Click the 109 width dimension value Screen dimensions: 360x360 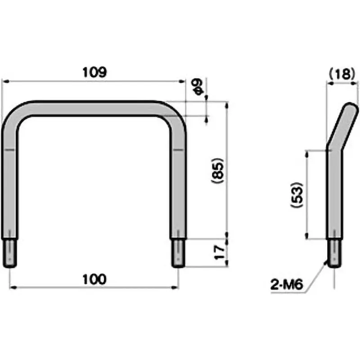(x=94, y=72)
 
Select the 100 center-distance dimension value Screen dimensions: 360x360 (x=94, y=279)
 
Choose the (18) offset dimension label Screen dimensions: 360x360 (x=342, y=73)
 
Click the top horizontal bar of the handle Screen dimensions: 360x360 (x=94, y=108)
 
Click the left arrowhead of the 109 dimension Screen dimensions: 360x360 (x=4, y=81)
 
